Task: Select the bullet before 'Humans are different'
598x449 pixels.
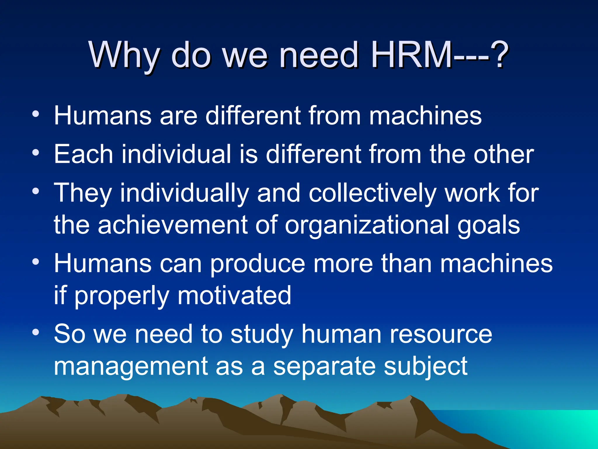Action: pyautogui.click(x=36, y=114)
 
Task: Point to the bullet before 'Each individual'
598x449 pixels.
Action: pyautogui.click(x=36, y=153)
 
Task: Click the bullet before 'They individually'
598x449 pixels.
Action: pyautogui.click(x=36, y=191)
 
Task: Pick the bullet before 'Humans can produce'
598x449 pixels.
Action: pyautogui.click(x=36, y=262)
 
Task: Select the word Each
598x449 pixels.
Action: pyautogui.click(x=84, y=154)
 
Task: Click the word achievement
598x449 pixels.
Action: pyautogui.click(x=173, y=225)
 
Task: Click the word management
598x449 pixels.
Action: pyautogui.click(x=131, y=367)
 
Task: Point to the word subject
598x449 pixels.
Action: pyautogui.click(x=426, y=367)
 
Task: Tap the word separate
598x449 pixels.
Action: pyautogui.click(x=324, y=367)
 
